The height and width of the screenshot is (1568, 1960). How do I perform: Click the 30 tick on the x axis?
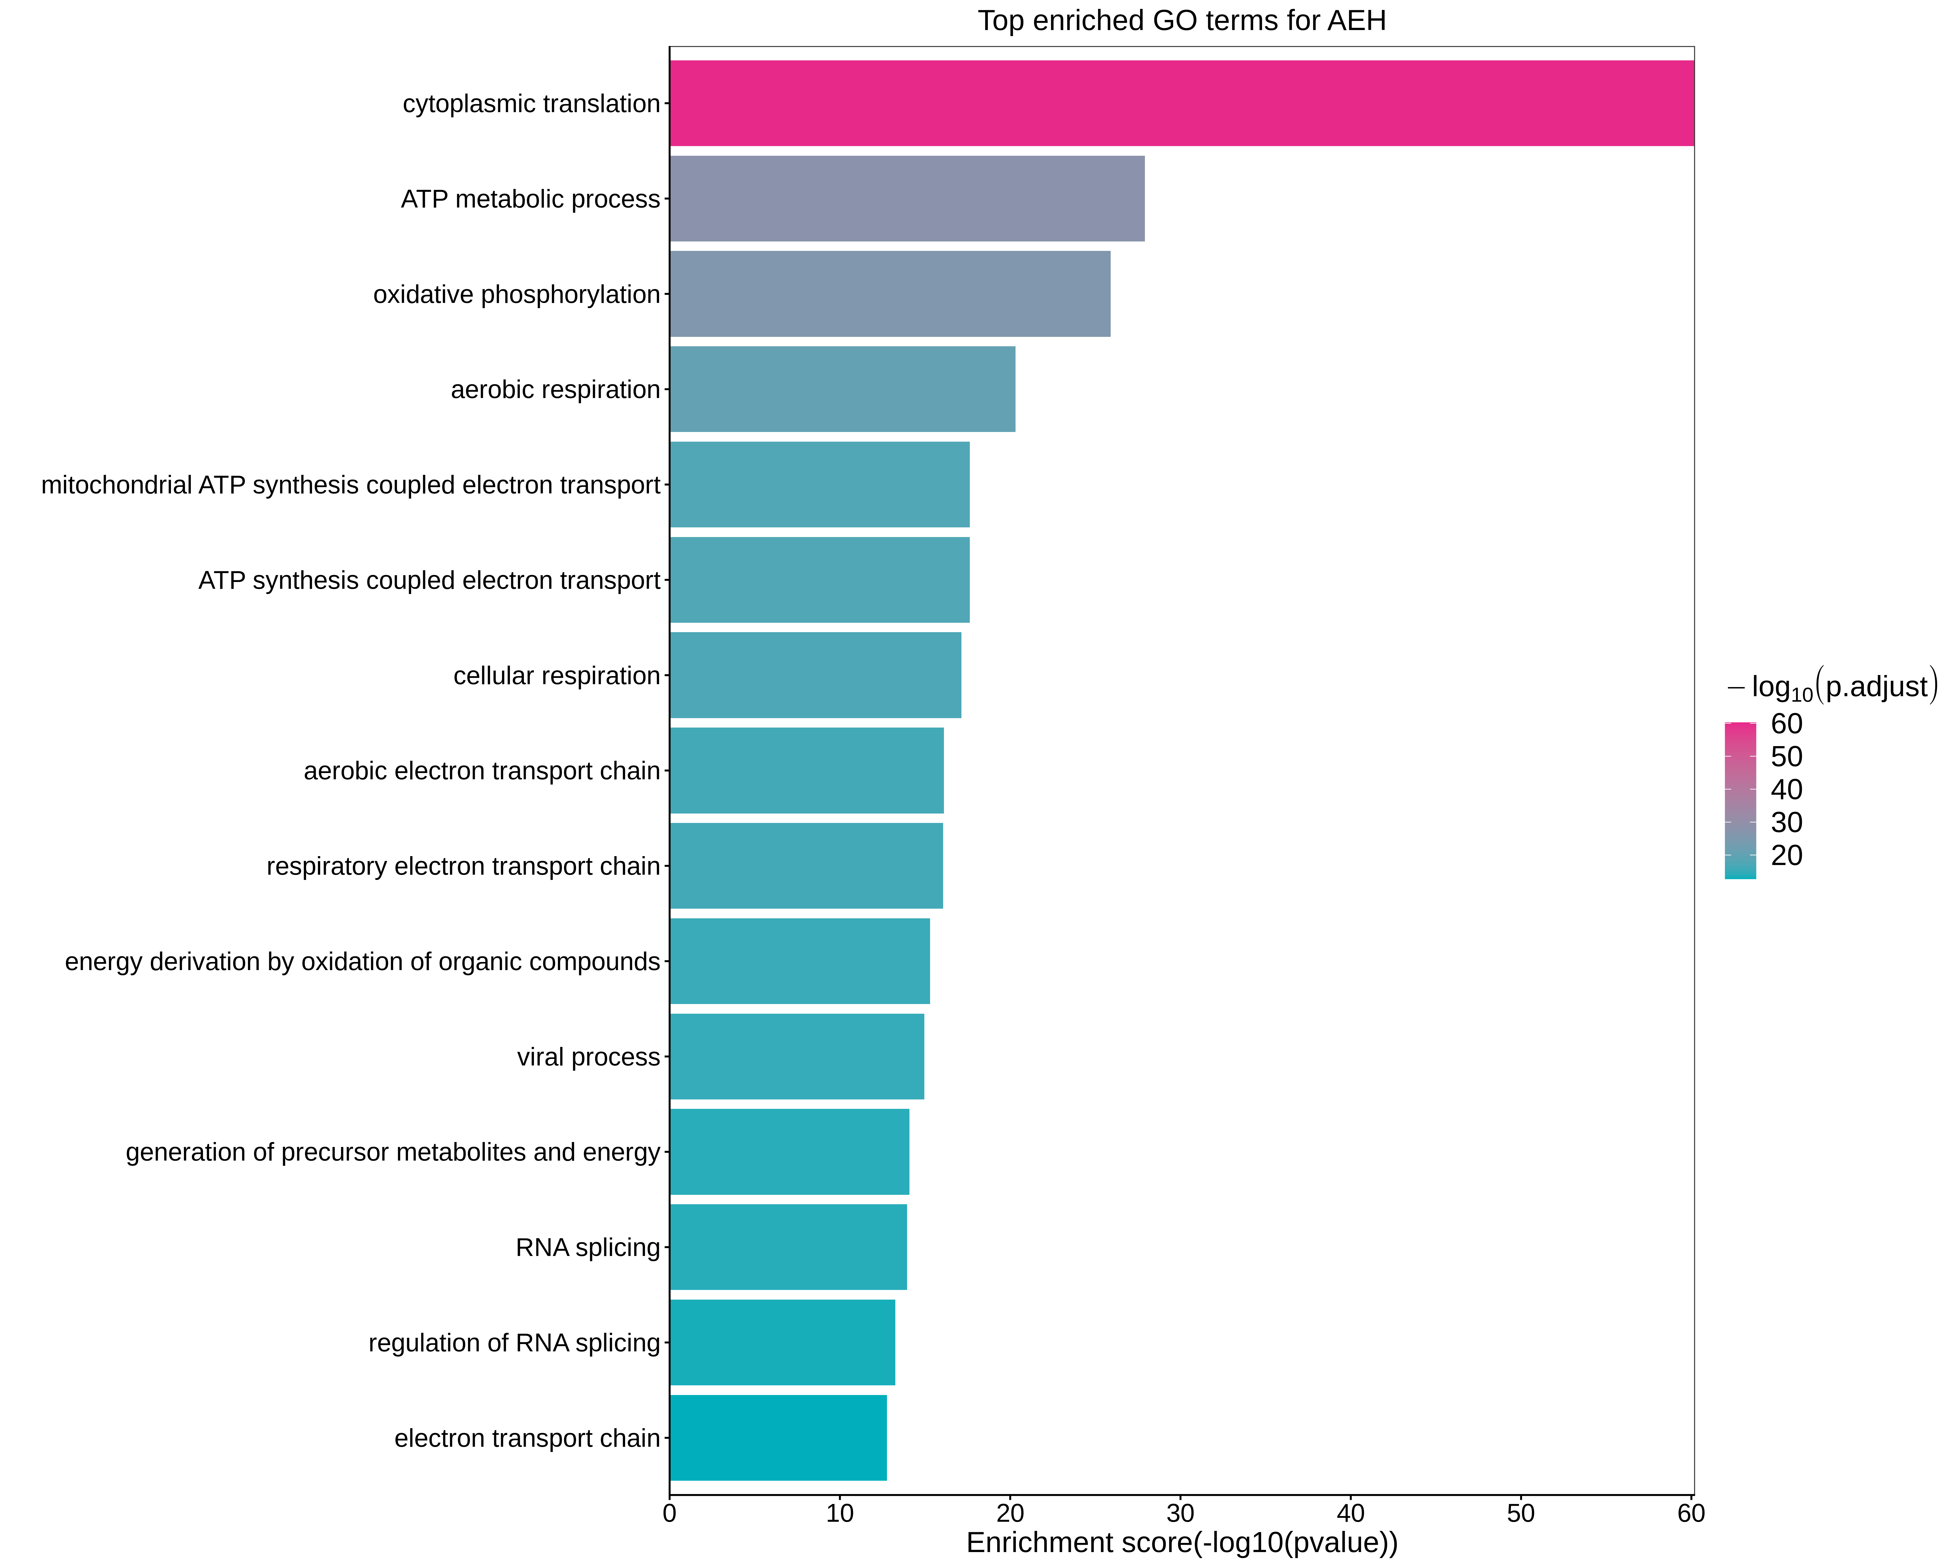coord(1180,1513)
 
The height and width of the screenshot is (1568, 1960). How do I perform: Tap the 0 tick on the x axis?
coord(670,1513)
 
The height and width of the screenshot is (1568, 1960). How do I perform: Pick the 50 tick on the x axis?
coord(1521,1513)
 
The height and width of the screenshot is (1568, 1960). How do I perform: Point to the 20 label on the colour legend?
coord(1786,855)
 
